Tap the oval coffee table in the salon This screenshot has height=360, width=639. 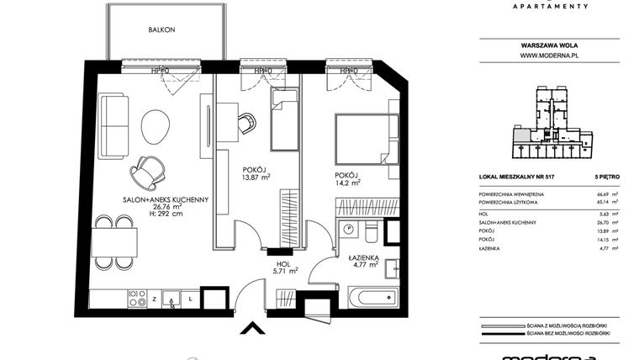[x=154, y=127]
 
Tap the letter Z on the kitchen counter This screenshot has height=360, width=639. [x=154, y=298]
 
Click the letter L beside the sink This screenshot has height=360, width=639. [x=192, y=298]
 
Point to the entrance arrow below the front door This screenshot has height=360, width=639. [x=250, y=329]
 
